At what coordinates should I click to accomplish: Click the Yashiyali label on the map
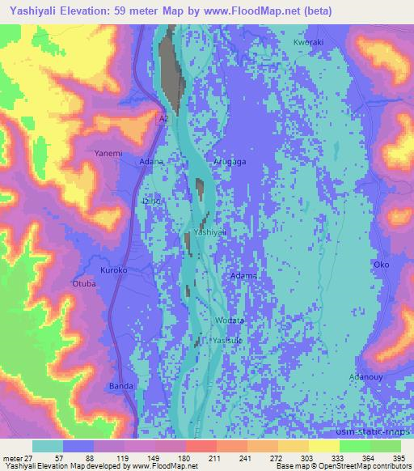click(x=209, y=232)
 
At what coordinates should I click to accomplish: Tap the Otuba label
click(x=84, y=283)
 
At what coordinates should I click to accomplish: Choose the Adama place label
click(x=244, y=276)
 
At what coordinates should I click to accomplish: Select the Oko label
click(x=381, y=265)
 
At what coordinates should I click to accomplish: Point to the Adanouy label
click(x=365, y=377)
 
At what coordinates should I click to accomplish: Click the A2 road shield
click(x=163, y=117)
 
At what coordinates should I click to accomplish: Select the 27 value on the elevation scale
click(x=30, y=459)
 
